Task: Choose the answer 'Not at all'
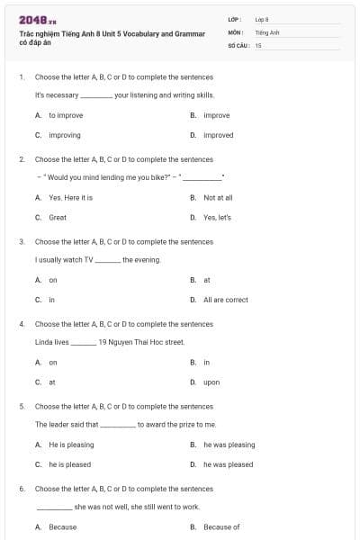[218, 197]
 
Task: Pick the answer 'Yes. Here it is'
[70, 197]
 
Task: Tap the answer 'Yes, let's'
[217, 217]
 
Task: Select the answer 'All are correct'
[225, 300]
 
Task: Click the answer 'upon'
[211, 382]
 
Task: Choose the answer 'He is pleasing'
[71, 445]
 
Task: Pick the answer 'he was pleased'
[228, 464]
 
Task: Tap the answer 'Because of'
[221, 526]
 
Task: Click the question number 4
[22, 324]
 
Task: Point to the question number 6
[22, 489]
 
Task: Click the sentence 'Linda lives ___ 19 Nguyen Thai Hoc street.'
[109, 342]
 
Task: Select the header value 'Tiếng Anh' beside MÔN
[267, 31]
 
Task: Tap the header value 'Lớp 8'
[262, 19]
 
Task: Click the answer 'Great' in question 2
[58, 217]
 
